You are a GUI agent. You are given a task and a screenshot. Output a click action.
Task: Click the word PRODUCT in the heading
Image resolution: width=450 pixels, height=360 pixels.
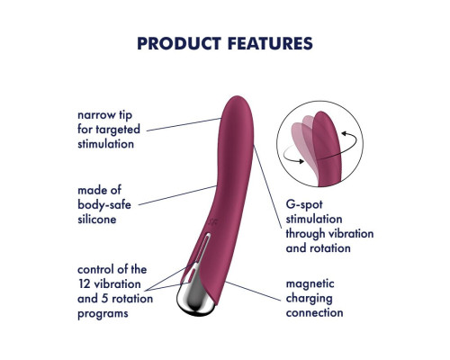pyautogui.click(x=179, y=43)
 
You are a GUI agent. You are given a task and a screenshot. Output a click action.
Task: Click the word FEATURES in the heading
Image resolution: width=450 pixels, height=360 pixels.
pyautogui.click(x=270, y=43)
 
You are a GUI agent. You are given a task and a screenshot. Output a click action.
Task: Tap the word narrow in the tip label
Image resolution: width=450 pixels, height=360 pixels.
pyautogui.click(x=96, y=115)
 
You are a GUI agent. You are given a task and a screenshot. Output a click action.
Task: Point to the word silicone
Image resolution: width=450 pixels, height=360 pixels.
pyautogui.click(x=97, y=220)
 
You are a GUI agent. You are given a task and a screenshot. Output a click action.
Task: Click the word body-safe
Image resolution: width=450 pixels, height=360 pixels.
pyautogui.click(x=104, y=205)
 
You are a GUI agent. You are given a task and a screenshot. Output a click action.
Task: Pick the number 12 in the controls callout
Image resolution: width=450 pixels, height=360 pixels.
pyautogui.click(x=85, y=284)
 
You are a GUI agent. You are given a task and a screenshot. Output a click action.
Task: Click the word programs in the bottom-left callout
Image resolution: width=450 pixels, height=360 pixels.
pyautogui.click(x=103, y=314)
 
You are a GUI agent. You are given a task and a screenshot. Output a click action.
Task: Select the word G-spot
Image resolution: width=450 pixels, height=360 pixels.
pyautogui.click(x=304, y=205)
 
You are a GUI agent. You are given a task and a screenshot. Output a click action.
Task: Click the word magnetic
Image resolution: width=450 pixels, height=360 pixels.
pyautogui.click(x=310, y=283)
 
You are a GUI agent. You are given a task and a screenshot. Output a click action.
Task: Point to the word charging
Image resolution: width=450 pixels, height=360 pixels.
pyautogui.click(x=309, y=299)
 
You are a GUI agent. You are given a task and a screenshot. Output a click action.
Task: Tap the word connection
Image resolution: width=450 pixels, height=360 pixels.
pyautogui.click(x=314, y=313)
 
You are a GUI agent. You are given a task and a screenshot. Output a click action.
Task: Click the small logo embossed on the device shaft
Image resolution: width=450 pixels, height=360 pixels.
pyautogui.click(x=213, y=221)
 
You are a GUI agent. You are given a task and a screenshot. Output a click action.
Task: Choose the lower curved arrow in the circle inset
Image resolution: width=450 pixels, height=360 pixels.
pyautogui.click(x=290, y=155)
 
